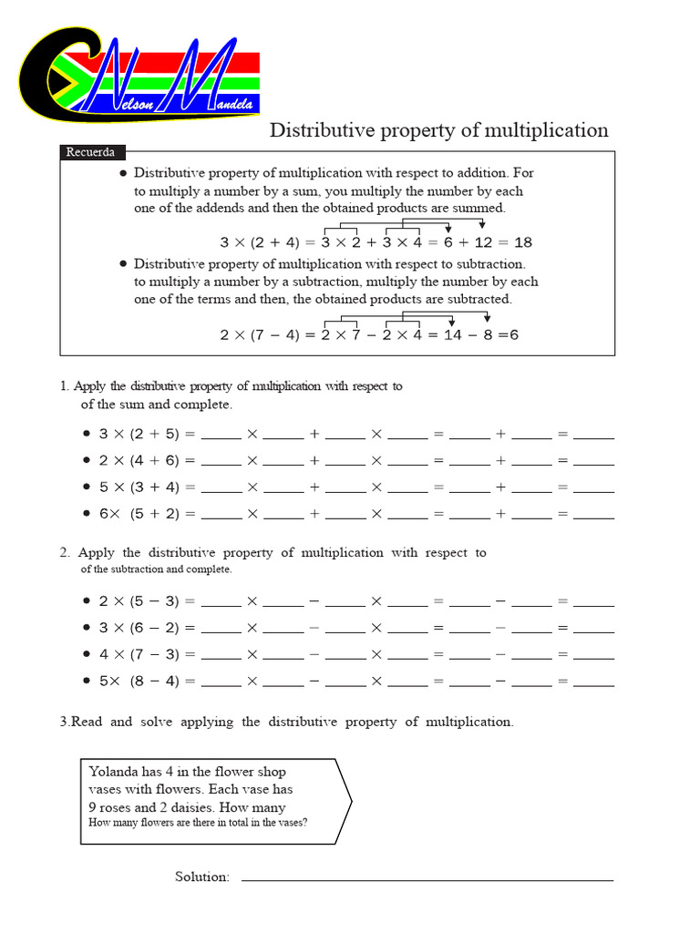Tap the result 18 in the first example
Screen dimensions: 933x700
pos(522,242)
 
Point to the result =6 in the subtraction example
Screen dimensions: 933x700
pos(508,334)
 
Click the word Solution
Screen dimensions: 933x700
pos(201,877)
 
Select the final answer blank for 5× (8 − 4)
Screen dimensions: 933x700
pos(593,682)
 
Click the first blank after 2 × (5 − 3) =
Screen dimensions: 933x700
pos(221,602)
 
